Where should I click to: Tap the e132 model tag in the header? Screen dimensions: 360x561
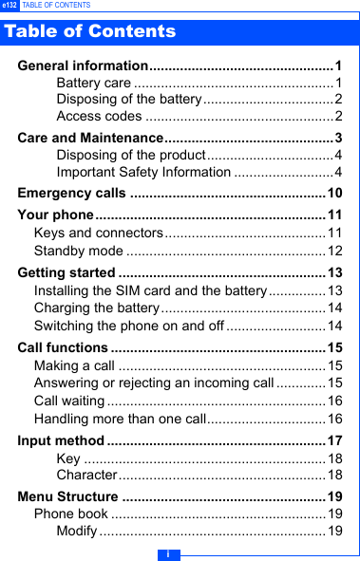(x=9, y=6)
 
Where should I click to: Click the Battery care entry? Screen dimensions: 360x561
(x=93, y=84)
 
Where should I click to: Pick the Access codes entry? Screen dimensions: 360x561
(x=99, y=117)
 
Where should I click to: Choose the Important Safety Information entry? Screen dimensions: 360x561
(x=143, y=172)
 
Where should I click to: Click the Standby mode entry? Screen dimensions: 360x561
(x=78, y=251)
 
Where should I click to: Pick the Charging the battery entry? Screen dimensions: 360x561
(x=96, y=308)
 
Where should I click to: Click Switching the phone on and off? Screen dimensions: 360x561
(x=129, y=326)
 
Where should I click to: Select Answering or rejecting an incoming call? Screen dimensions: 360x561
(x=154, y=383)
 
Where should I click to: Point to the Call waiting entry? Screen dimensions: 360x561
(x=69, y=401)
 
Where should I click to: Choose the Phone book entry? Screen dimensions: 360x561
(x=70, y=514)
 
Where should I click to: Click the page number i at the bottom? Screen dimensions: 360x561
(x=168, y=553)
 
